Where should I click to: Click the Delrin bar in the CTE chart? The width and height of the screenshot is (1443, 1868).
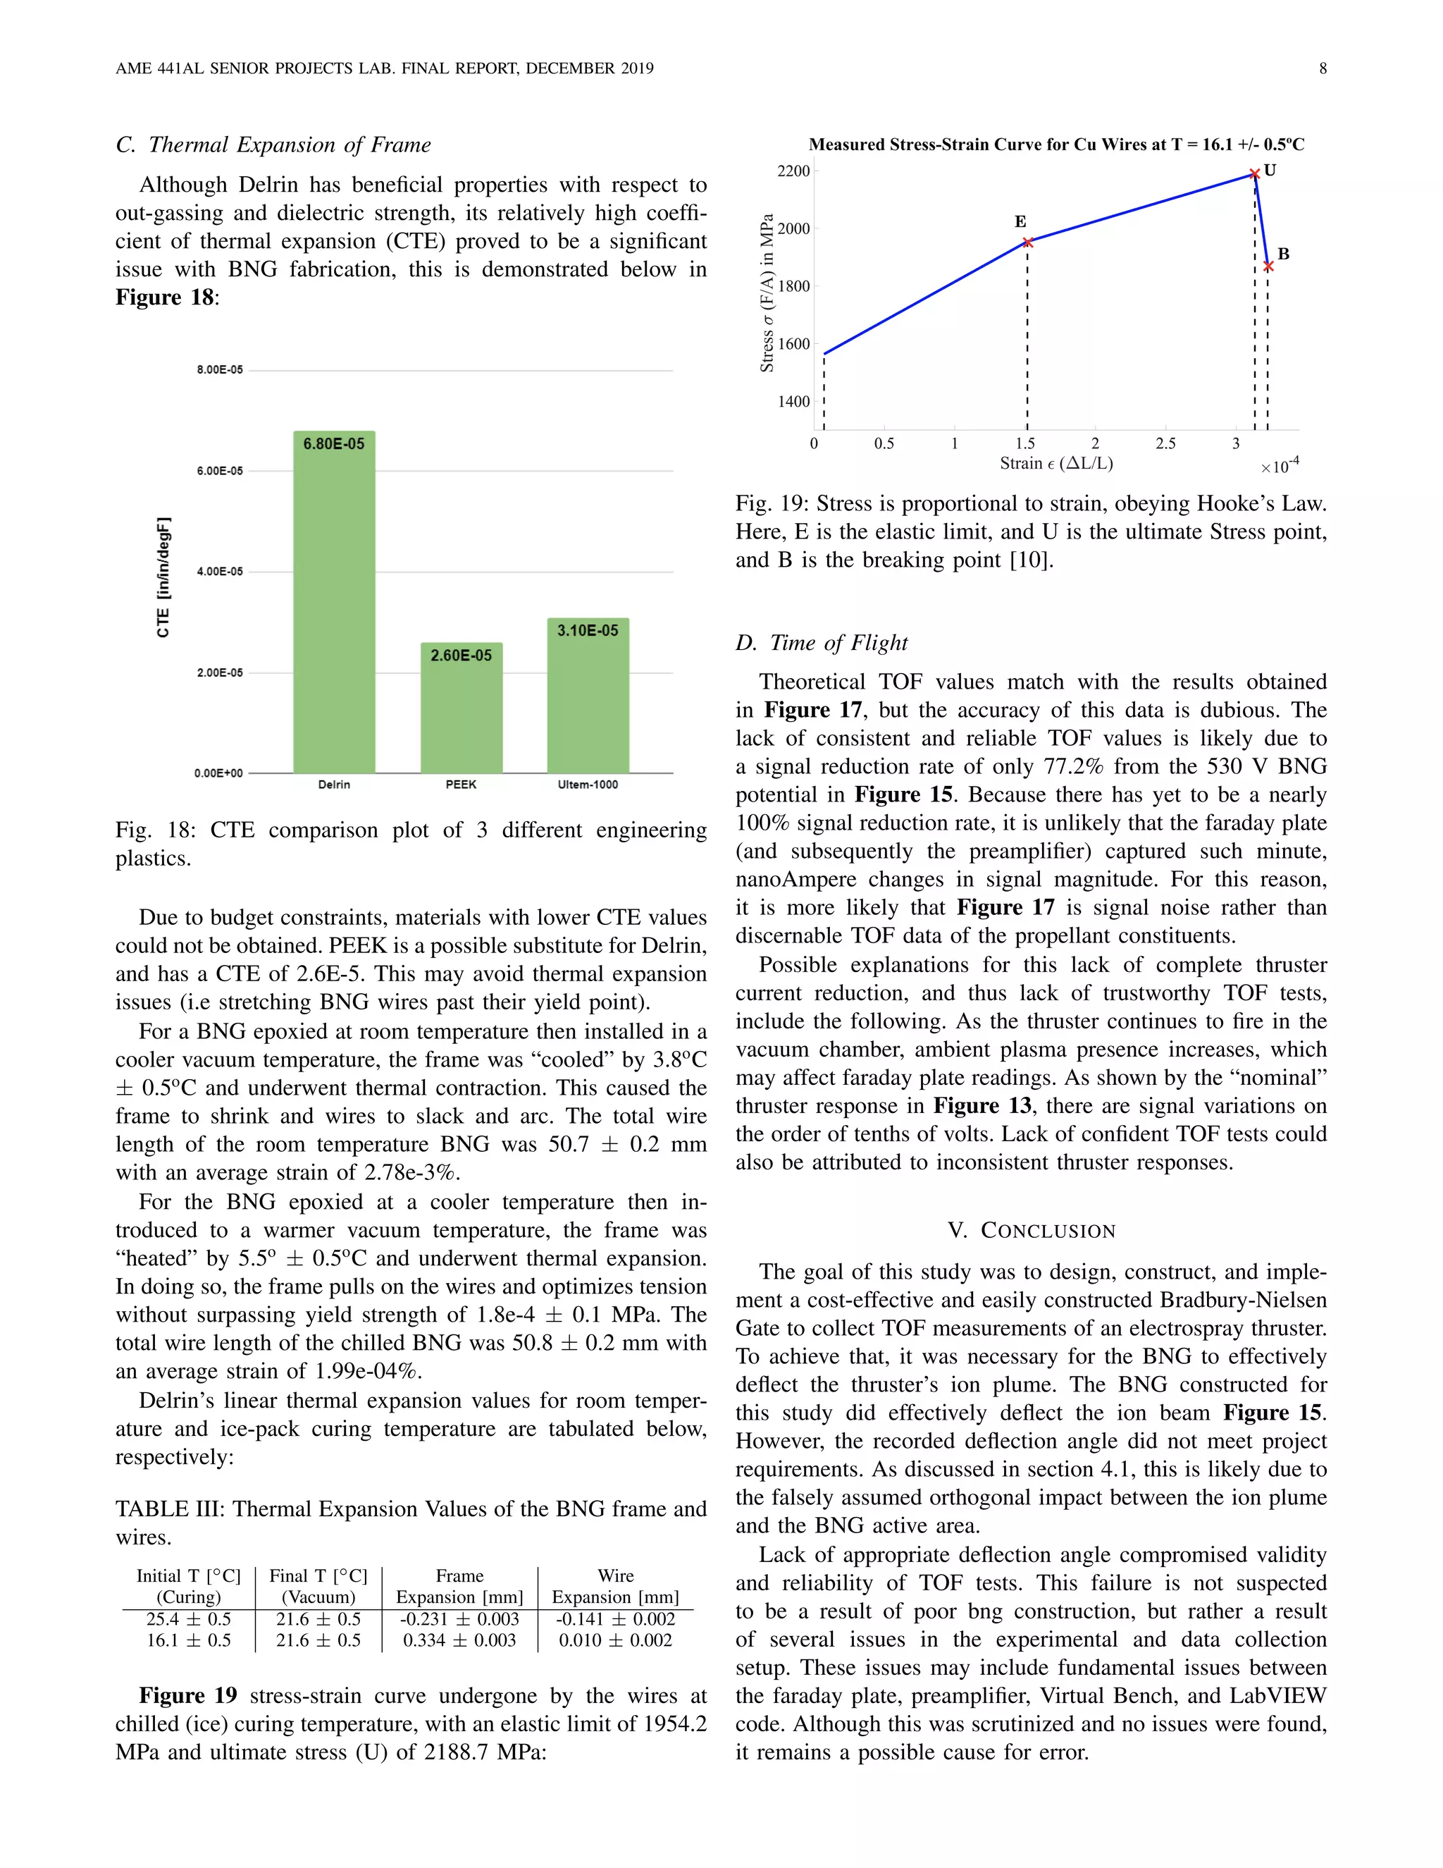(x=333, y=607)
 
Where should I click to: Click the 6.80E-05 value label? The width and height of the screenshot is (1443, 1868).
(x=333, y=444)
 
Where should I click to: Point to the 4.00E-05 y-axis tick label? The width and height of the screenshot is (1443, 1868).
(x=220, y=572)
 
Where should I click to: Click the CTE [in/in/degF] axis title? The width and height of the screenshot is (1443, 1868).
(x=163, y=577)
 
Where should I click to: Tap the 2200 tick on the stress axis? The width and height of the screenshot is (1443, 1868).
(x=793, y=171)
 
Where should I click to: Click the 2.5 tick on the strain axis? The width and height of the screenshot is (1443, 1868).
(x=1165, y=444)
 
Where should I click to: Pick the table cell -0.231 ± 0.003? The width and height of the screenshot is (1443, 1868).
(x=459, y=1619)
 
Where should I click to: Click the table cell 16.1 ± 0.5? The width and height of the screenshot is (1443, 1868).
(x=188, y=1640)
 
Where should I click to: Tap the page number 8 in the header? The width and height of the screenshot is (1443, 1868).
(x=1323, y=68)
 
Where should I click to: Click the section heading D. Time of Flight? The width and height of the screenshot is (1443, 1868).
(x=821, y=642)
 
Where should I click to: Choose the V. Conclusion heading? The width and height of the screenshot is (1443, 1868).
(x=1031, y=1231)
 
